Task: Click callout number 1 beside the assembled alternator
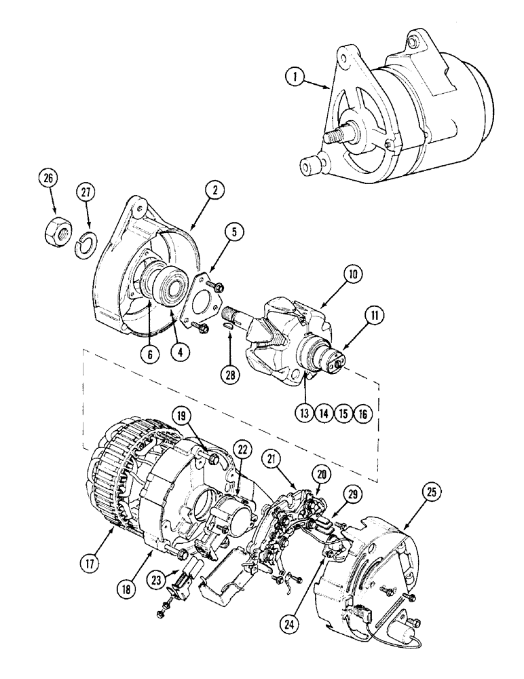(294, 77)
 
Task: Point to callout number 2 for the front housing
(214, 191)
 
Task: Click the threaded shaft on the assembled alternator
(335, 134)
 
